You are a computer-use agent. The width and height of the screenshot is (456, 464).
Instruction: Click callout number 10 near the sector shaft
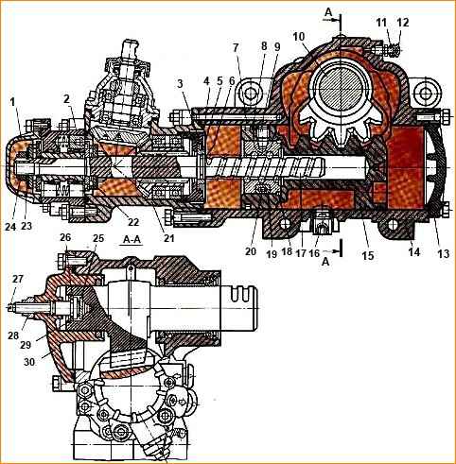299,37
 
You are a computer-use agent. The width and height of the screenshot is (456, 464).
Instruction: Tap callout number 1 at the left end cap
12,102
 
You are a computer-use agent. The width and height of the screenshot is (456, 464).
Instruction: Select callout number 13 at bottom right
443,253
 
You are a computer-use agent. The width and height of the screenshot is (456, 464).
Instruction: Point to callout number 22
133,222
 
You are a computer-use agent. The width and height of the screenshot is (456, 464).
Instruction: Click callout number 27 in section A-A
18,279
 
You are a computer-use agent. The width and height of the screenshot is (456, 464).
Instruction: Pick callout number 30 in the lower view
29,362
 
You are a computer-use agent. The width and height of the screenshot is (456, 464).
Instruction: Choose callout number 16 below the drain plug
314,253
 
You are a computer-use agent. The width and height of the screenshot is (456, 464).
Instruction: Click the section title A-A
132,239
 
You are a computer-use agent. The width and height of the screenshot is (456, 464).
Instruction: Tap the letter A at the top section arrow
328,12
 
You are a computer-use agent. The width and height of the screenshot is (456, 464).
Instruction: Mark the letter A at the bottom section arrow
325,262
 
